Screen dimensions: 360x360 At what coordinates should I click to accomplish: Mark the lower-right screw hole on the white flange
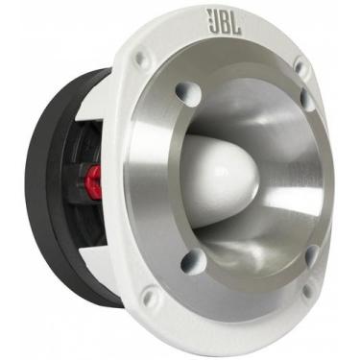[x=305, y=289]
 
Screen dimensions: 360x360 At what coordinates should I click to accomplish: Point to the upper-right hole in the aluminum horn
[x=306, y=97]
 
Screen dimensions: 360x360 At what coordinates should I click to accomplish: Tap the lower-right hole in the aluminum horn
[x=310, y=254]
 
